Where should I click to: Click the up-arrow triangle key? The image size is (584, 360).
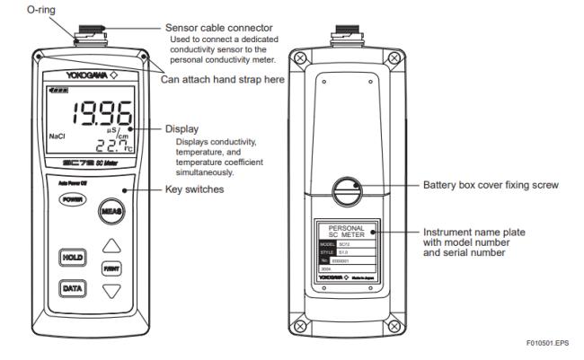coord(111,244)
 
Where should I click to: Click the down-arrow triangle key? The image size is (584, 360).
coord(111,291)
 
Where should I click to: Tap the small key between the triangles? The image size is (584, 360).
coord(111,268)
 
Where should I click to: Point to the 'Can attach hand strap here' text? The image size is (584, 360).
coord(208,78)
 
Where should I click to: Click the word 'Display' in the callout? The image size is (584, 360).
coord(181,128)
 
